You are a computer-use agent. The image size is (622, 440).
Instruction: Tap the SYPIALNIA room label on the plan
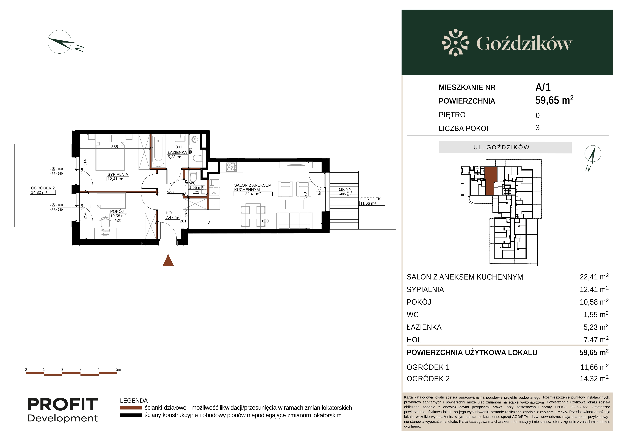[x=118, y=174]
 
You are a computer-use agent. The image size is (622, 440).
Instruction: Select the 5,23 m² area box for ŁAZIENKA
[x=177, y=157]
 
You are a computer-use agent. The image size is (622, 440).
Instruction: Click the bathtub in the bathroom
[x=158, y=151]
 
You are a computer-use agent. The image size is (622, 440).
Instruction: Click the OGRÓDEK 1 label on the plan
[x=372, y=199]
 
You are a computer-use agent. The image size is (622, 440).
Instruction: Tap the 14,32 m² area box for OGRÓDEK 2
[x=43, y=192]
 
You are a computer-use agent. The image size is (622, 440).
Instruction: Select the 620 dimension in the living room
[x=265, y=221]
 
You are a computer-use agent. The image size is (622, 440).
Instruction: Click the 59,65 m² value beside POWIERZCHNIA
[x=554, y=100]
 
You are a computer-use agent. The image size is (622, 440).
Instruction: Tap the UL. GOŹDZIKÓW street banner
[x=505, y=147]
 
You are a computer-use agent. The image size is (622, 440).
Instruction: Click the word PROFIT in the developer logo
[x=63, y=405]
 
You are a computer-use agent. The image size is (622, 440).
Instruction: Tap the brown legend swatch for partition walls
[x=131, y=408]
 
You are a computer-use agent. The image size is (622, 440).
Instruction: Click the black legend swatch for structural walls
[x=131, y=415]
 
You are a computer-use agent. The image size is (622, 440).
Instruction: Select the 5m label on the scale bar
[x=118, y=370]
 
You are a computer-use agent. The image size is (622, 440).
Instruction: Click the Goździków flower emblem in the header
[x=455, y=43]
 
